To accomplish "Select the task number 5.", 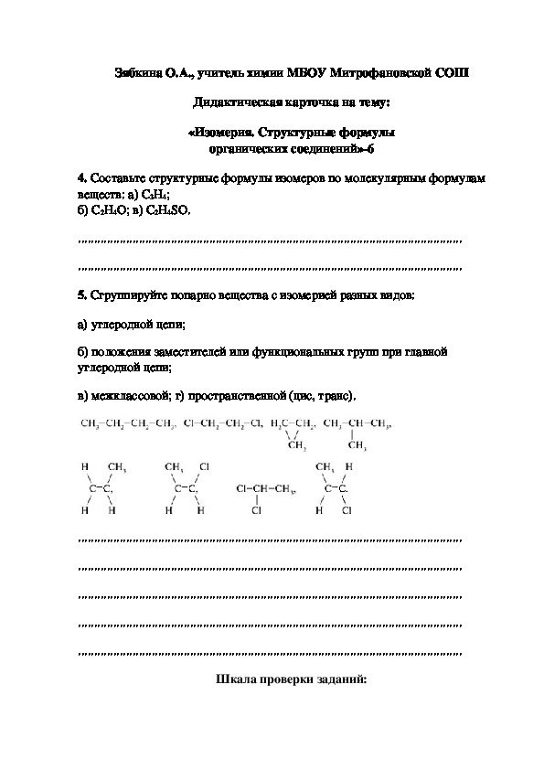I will coord(82,294).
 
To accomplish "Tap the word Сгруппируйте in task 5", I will coord(125,294).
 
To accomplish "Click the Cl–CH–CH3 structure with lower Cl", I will coord(266,497).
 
